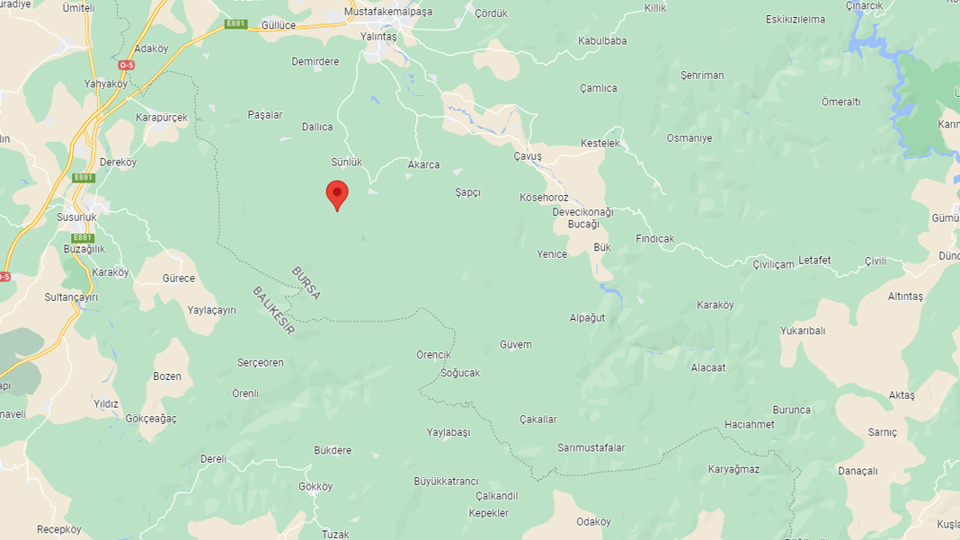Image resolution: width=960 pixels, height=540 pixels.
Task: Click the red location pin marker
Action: point(337,193)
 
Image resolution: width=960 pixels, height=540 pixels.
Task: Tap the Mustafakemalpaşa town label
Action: point(387,13)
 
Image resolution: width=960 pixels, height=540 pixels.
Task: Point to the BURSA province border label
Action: point(306,282)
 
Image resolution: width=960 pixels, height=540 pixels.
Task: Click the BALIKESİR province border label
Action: point(273,310)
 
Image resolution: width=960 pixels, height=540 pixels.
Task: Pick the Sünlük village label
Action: point(346,162)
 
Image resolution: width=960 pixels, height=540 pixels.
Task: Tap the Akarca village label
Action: point(423,164)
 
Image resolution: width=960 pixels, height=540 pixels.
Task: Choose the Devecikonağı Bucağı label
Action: point(582,218)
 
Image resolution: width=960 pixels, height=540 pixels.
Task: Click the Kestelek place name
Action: point(600,144)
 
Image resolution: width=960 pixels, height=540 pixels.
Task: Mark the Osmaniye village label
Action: point(689,137)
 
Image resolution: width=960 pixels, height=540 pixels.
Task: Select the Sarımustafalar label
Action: point(591,447)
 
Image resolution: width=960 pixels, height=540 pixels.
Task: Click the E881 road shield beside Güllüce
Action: point(235,23)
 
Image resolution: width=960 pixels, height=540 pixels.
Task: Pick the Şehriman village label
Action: point(701,75)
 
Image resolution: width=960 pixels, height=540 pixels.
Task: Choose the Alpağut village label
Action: point(587,317)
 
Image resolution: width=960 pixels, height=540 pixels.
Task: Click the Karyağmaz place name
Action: point(733,469)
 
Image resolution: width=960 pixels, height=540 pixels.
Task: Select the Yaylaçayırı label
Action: point(211,310)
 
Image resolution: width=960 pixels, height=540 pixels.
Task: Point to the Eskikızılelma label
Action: point(795,19)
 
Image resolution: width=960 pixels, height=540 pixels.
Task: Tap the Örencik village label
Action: point(433,354)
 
